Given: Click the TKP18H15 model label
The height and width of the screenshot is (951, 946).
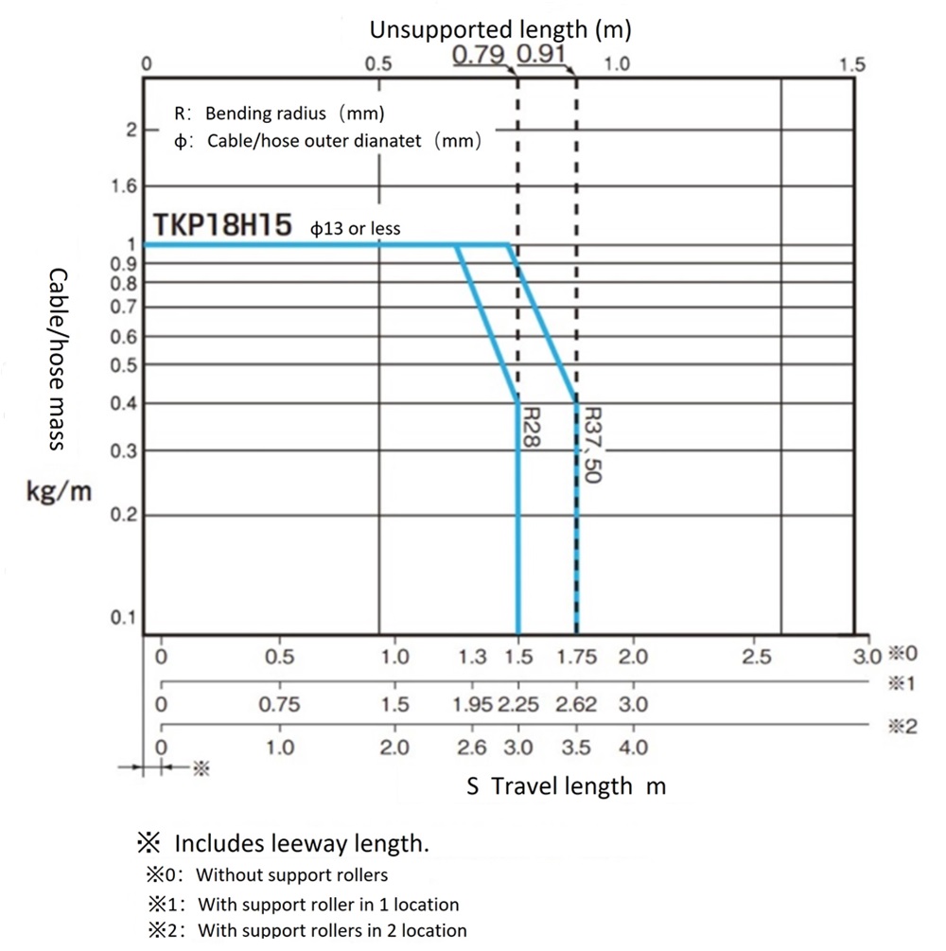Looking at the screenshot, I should [223, 227].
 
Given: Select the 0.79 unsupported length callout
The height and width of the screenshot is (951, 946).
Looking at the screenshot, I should [479, 55].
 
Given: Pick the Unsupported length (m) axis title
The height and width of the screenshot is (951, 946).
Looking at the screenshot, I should [499, 29].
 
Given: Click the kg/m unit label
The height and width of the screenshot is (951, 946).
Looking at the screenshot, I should [59, 494].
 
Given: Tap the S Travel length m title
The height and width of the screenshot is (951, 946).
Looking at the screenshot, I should [566, 785].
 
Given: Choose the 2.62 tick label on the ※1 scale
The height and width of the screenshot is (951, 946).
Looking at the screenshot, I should [576, 705].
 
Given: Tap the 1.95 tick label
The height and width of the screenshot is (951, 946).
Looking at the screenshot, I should [472, 705].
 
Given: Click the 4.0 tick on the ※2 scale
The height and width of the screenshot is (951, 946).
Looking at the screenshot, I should [633, 748].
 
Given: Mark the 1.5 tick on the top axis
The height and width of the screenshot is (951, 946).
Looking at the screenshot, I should [851, 64].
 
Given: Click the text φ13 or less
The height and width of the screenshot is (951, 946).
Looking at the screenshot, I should [356, 228].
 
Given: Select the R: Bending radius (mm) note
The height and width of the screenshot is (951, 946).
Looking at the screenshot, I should [280, 114].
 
